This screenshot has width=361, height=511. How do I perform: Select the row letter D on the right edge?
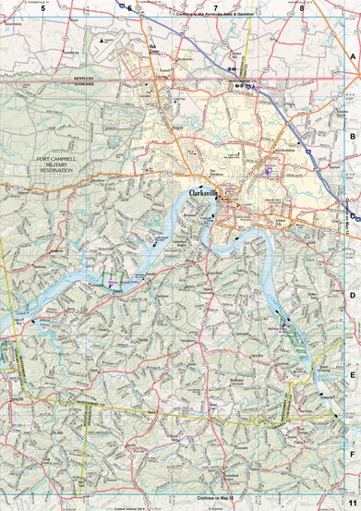click(352, 295)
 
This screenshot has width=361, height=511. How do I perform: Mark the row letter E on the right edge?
click(352, 374)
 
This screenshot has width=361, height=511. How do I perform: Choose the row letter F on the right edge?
click(352, 455)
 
